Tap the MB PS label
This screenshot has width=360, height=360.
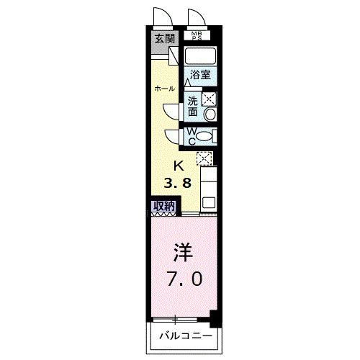[x=196, y=36]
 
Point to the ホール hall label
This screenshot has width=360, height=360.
[x=165, y=88]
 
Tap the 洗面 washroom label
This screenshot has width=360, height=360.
[x=193, y=107]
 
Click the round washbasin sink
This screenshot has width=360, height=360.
[x=210, y=114]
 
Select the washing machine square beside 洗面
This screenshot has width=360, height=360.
[x=210, y=100]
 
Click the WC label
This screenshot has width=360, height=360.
[x=192, y=135]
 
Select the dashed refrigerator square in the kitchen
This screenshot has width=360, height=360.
[x=205, y=158]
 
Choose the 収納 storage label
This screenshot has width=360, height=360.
[x=163, y=205]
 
